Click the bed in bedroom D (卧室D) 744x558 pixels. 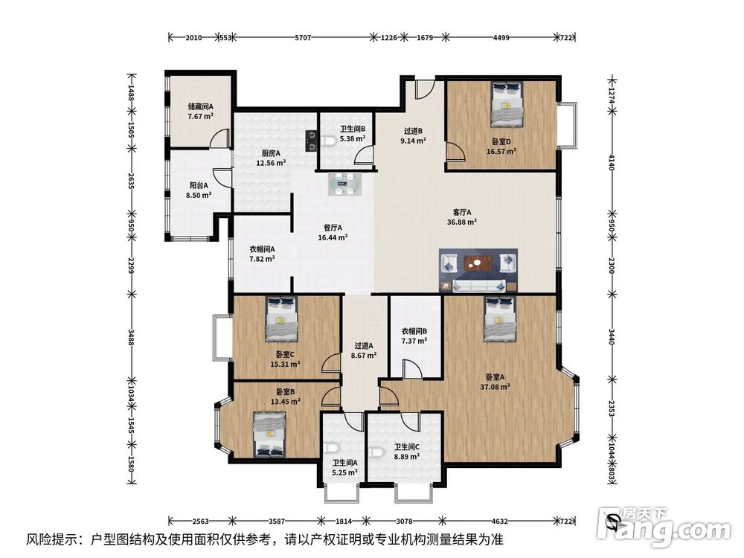pos(506,104)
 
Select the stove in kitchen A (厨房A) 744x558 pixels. pos(311,141)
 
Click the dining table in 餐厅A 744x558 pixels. pos(344,184)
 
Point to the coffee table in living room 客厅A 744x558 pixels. pos(478,263)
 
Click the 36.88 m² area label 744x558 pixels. pos(462,222)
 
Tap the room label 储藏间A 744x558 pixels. pos(200,106)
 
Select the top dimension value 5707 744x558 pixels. pos(303,37)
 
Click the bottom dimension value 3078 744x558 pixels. pos(404,521)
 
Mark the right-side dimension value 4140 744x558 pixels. pos(612,162)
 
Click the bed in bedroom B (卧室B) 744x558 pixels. pos(269,434)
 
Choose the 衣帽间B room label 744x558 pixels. pos(414,331)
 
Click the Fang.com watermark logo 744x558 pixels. pos(664,527)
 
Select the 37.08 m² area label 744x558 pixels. pos(495,387)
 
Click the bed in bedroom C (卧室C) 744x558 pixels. pos(282,319)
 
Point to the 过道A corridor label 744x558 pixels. pos(364,345)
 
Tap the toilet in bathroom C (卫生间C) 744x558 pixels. pos(376,453)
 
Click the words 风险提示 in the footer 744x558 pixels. pos(51,539)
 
